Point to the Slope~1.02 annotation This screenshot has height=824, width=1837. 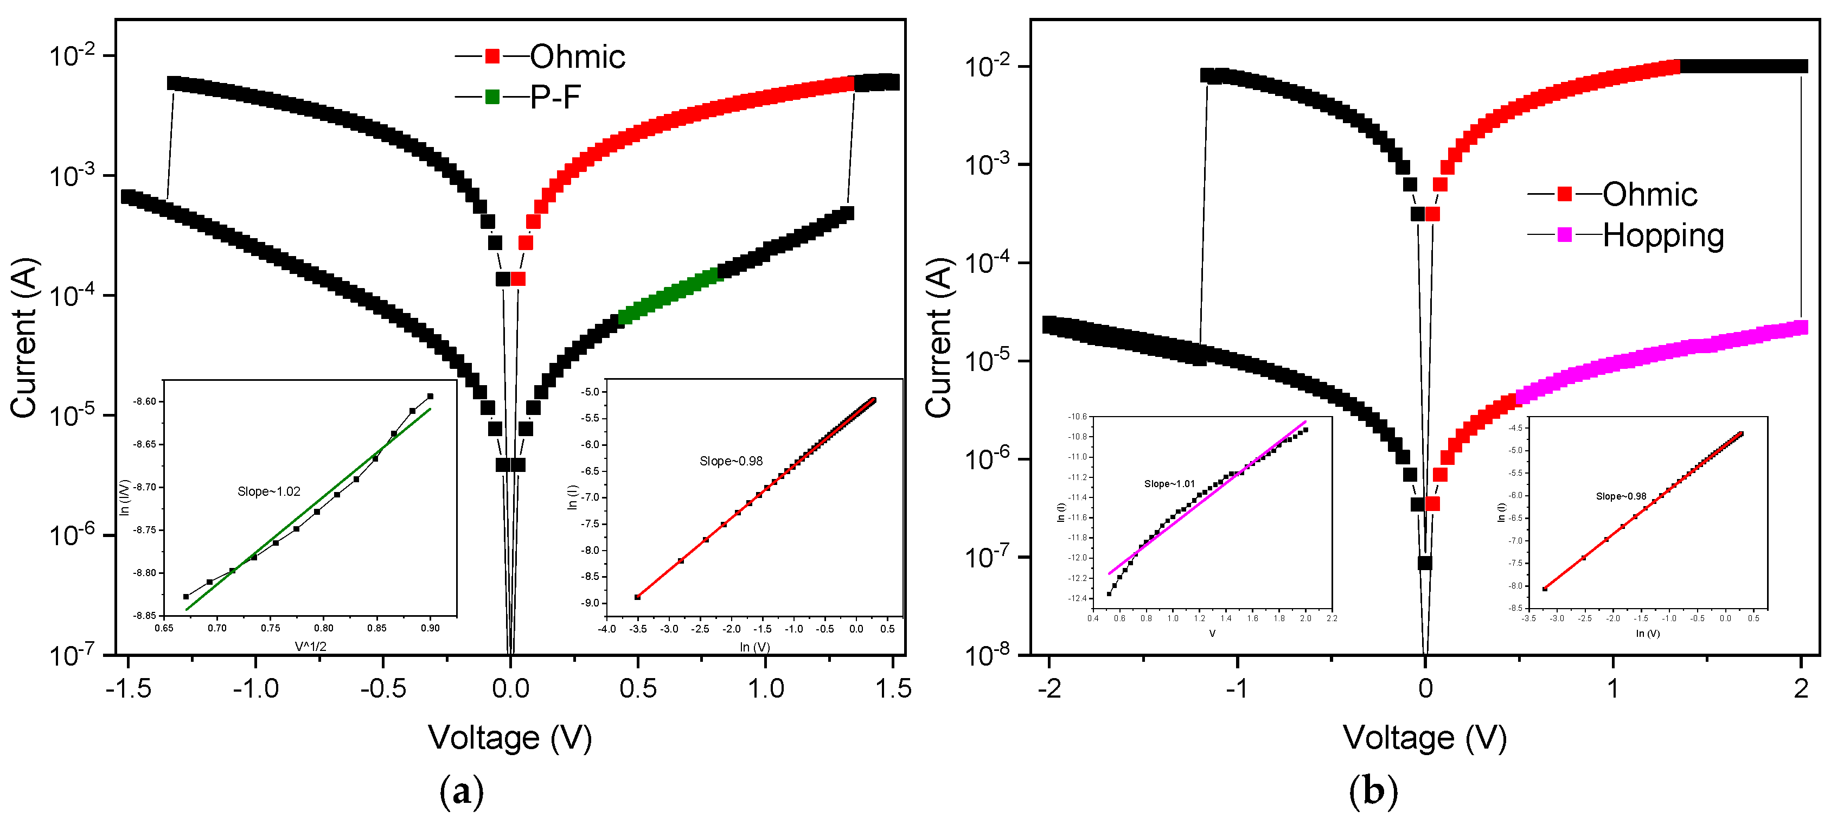click(269, 491)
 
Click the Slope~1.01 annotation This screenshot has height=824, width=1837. click(1169, 484)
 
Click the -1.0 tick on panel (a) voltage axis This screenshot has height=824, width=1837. click(255, 689)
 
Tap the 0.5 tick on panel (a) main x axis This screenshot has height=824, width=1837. click(637, 689)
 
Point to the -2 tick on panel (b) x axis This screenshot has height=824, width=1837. click(1049, 689)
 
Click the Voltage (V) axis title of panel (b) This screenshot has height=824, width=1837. click(1424, 738)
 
